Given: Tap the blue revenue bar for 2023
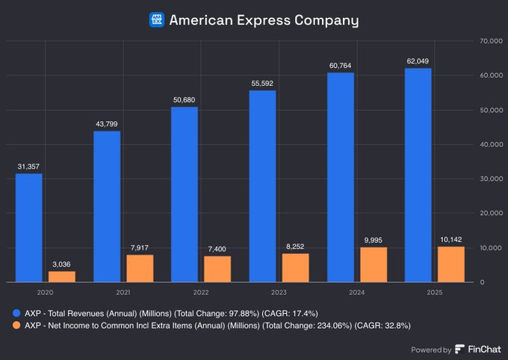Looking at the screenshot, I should [262, 186].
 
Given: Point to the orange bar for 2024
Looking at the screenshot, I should [374, 264].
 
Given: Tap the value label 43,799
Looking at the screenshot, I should [106, 123].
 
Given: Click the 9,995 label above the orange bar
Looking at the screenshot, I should [374, 239].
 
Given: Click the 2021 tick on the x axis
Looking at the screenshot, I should [123, 293].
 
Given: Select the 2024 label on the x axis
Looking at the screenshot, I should [356, 293].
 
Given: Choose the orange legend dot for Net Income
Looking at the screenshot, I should [16, 326].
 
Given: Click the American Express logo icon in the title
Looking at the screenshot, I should [157, 20].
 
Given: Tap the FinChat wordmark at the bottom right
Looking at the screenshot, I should [478, 349].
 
